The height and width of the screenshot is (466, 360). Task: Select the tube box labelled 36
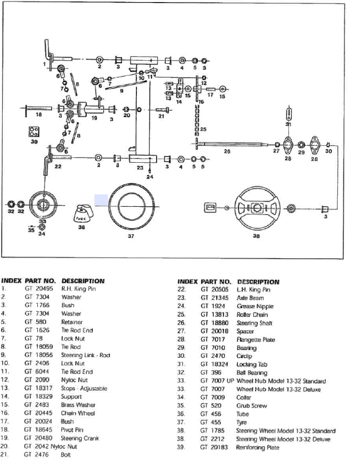click(83, 213)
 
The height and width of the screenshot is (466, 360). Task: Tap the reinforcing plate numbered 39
click(34, 131)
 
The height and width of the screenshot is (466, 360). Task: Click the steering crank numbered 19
click(89, 109)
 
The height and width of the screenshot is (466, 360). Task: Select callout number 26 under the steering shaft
click(227, 152)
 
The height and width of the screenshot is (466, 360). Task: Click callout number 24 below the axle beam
click(150, 177)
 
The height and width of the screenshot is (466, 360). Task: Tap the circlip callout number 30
click(328, 151)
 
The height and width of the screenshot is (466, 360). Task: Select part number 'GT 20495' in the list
click(38, 289)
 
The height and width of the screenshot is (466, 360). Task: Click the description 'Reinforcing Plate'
click(257, 447)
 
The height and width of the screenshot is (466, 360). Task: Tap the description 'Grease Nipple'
click(255, 306)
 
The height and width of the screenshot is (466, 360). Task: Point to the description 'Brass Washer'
click(78, 405)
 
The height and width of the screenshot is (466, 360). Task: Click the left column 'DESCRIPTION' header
click(83, 281)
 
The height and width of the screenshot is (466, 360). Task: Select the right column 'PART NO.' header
click(216, 281)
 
